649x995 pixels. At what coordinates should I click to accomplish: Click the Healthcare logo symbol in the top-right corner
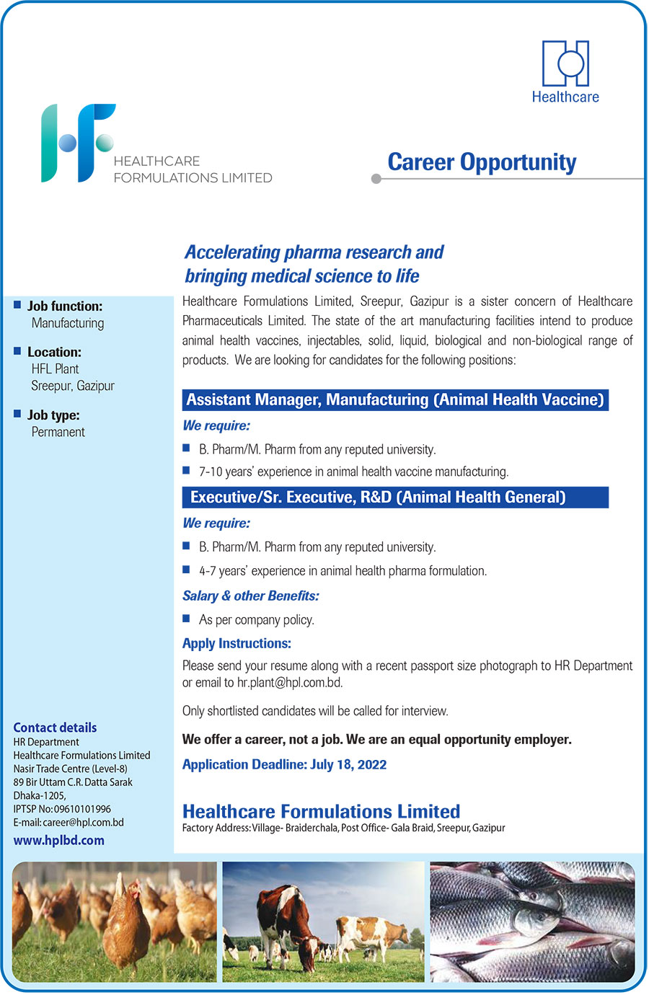tap(565, 63)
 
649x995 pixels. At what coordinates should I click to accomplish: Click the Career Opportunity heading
tap(482, 162)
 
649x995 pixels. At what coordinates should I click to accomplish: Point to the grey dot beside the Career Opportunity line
tap(376, 179)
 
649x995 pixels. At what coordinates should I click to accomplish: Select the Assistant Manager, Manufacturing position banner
tap(395, 400)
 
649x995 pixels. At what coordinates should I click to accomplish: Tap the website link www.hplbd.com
tap(58, 840)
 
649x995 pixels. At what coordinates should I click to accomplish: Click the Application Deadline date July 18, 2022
tap(348, 764)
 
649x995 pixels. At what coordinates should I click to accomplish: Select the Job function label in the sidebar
tap(65, 306)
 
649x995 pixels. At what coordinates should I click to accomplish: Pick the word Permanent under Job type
tap(58, 432)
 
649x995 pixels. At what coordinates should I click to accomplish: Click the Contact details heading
tap(55, 728)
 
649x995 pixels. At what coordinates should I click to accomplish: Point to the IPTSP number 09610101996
tap(82, 809)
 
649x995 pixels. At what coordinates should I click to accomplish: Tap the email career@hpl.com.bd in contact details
tap(83, 822)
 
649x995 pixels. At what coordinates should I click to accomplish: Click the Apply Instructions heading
tap(237, 643)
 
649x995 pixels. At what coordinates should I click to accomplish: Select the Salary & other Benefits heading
tap(250, 596)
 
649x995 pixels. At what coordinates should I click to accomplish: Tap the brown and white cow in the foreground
tap(286, 927)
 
